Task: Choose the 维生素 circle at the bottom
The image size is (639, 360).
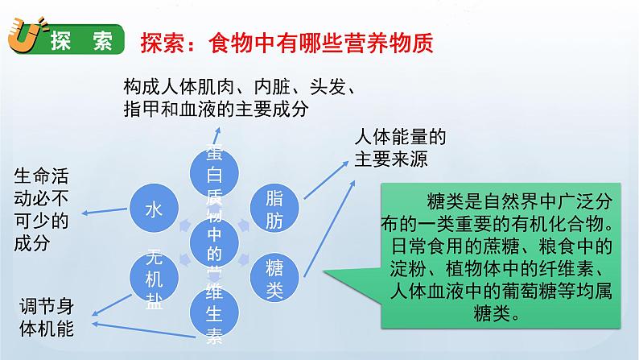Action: [x=213, y=312]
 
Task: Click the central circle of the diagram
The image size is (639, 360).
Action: [x=213, y=242]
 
